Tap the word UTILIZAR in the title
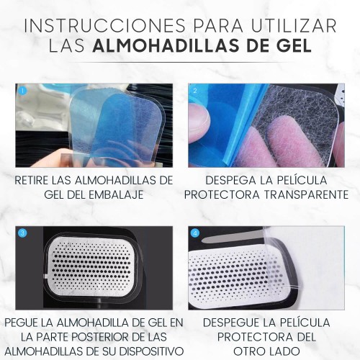point(294,25)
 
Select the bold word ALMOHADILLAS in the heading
point(166,45)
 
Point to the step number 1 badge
point(23,91)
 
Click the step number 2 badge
point(195,91)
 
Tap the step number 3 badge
point(23,233)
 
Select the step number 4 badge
point(195,233)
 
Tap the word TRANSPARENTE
point(306,194)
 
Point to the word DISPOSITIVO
point(151,351)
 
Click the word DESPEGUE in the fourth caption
point(231,323)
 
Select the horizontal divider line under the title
point(180,63)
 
